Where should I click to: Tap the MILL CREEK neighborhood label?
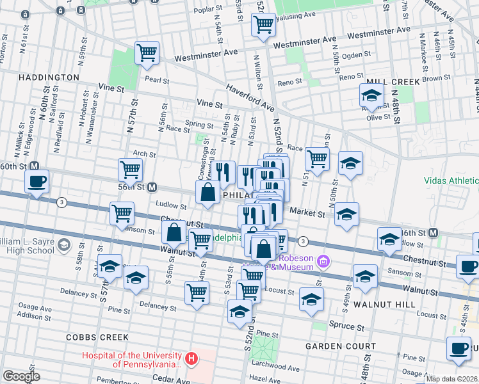[x=393, y=82]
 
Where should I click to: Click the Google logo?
[x=21, y=376]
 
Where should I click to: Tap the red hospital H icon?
[x=190, y=360]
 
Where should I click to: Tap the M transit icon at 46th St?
[x=434, y=232]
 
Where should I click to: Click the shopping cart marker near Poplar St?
[x=263, y=26]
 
